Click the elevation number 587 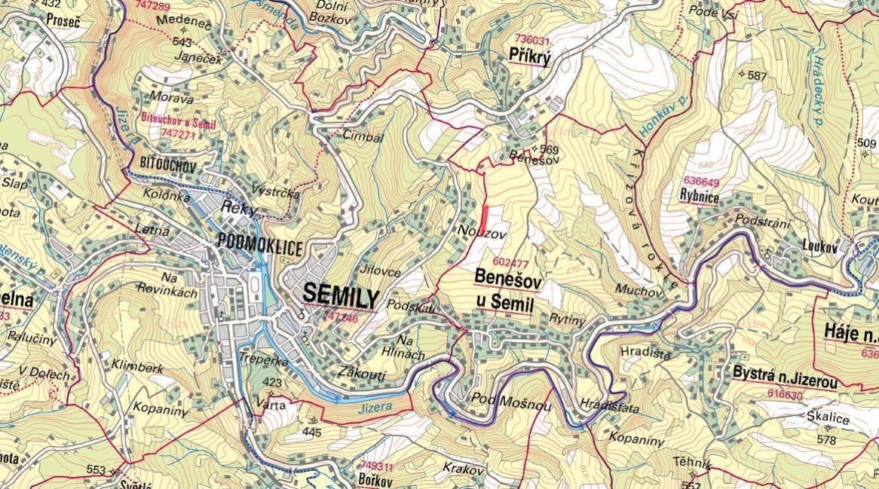coord(756,75)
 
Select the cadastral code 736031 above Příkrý coord(531,40)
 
